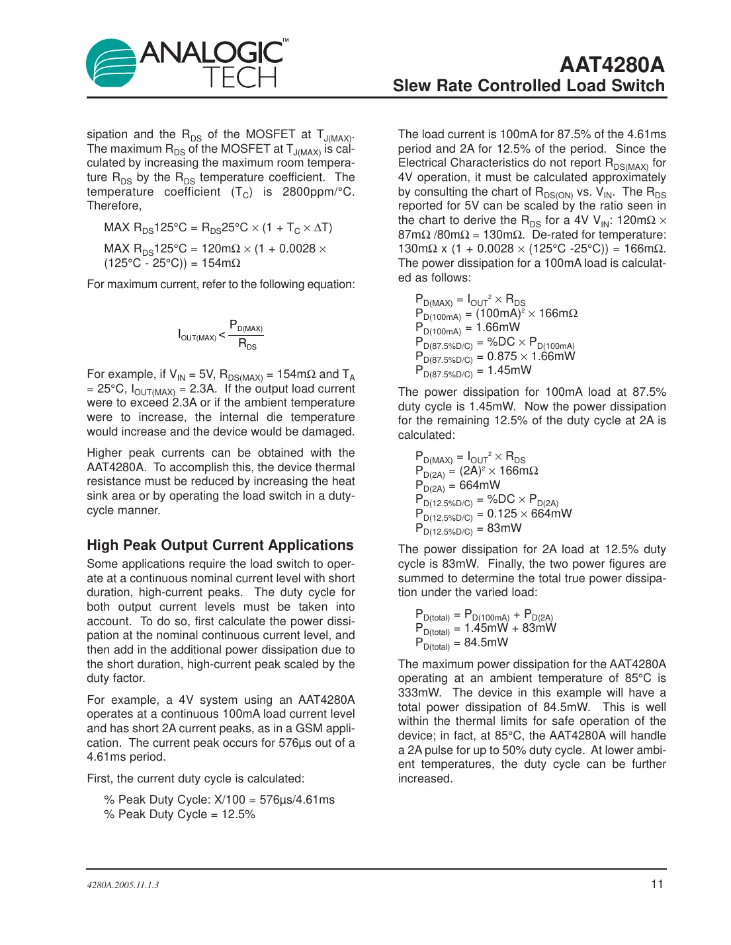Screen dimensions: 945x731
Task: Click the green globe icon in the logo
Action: pos(111,63)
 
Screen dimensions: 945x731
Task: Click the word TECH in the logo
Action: pos(239,78)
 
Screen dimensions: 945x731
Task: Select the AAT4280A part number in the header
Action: pos(611,65)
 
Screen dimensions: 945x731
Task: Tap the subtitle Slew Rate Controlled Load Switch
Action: pos(528,86)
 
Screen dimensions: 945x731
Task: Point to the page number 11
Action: pos(656,884)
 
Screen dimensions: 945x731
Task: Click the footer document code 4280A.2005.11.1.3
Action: pos(123,885)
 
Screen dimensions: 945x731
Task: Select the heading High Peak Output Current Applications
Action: pos(220,545)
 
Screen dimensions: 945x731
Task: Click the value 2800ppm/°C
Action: pos(318,192)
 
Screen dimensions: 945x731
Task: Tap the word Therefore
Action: pos(113,206)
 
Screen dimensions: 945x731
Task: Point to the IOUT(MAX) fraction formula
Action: pos(220,334)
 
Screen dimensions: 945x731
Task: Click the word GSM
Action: pos(308,728)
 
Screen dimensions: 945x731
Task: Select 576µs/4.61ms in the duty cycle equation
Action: pos(297,800)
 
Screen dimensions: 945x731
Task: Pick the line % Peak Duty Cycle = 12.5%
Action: pos(179,814)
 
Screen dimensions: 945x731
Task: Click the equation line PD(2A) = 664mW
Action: pos(458,486)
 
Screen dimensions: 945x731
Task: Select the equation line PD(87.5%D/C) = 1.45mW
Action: pos(474,371)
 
